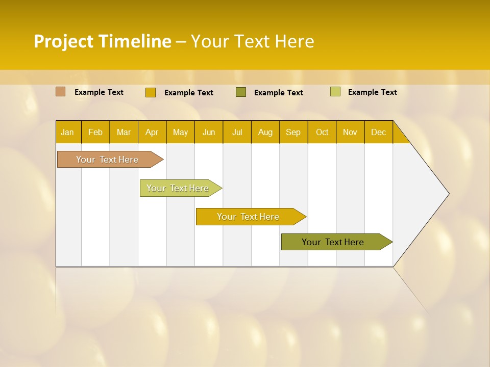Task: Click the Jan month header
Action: tap(67, 132)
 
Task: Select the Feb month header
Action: tap(95, 132)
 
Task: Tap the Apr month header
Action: tap(152, 132)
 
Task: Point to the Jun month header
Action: tap(209, 132)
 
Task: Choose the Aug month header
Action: tap(265, 132)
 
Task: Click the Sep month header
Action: tap(293, 132)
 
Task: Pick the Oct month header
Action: tap(322, 132)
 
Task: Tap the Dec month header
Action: tap(378, 132)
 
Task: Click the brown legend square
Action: tap(60, 92)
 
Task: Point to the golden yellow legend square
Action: tap(150, 92)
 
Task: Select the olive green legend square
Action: tap(241, 92)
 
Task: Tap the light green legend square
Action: tap(335, 92)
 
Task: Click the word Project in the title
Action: tap(63, 41)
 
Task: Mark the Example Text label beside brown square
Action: tap(99, 92)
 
